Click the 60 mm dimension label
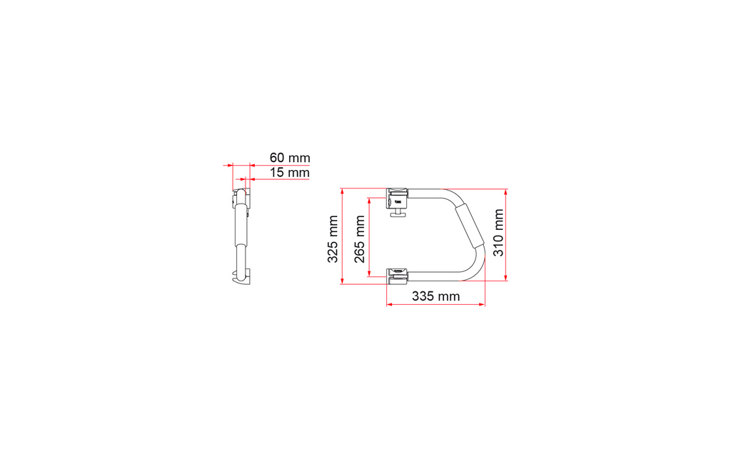pos(290,158)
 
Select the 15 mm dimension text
pos(290,173)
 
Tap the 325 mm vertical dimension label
pos(333,239)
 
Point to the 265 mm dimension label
pos(360,239)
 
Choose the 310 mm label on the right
pos(498,233)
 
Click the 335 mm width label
pos(436,296)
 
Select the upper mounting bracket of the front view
pos(397,199)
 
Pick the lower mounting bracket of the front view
pos(397,276)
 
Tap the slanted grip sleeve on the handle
pos(469,227)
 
